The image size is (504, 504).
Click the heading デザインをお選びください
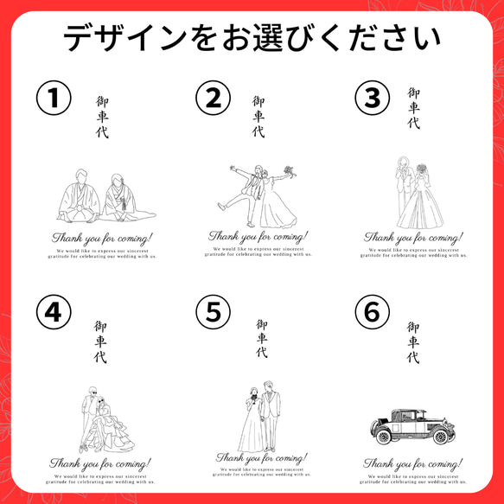tap(252, 39)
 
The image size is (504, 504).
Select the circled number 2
tap(214, 99)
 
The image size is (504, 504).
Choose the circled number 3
tap(373, 99)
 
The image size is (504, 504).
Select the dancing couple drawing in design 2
tap(257, 196)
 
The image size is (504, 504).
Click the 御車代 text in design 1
tap(103, 118)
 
